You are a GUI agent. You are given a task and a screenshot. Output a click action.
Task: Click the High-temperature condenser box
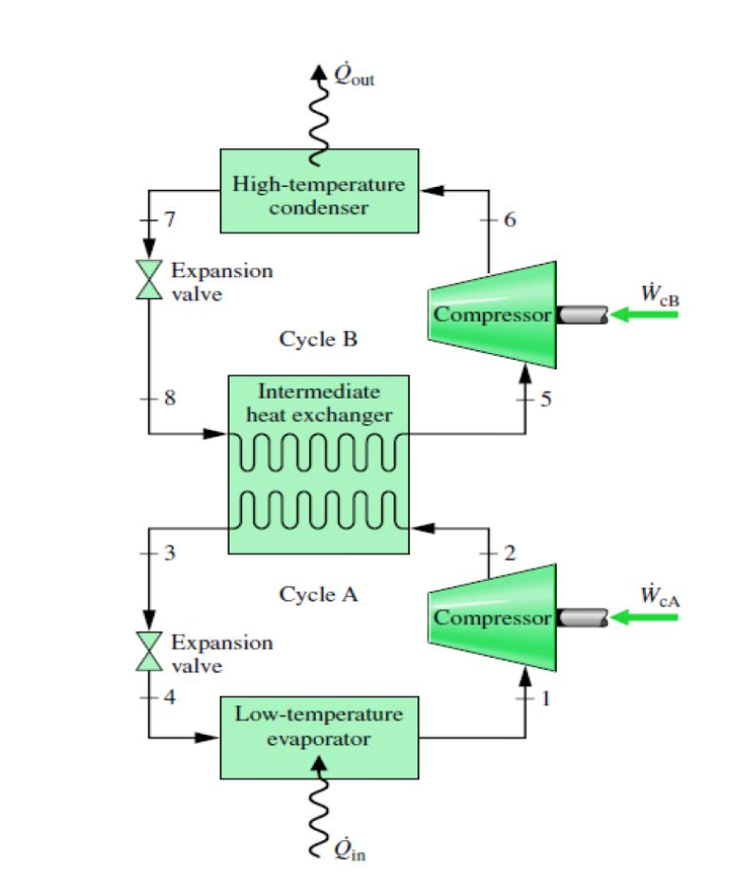point(319,191)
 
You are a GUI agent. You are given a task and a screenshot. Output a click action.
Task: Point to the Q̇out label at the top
point(356,74)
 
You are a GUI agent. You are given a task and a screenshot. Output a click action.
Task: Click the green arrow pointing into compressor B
point(645,314)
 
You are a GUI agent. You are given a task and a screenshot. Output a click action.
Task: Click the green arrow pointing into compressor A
point(645,618)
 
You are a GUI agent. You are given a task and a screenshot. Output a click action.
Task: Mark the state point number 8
point(170,398)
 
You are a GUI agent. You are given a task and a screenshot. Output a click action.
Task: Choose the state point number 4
point(170,698)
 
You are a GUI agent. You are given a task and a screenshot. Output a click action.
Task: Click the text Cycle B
point(319,339)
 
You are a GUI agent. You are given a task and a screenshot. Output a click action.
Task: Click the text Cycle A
point(319,594)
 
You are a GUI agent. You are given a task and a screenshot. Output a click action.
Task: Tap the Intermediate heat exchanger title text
point(319,402)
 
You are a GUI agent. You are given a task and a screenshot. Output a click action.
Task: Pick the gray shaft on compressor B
point(581,314)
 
